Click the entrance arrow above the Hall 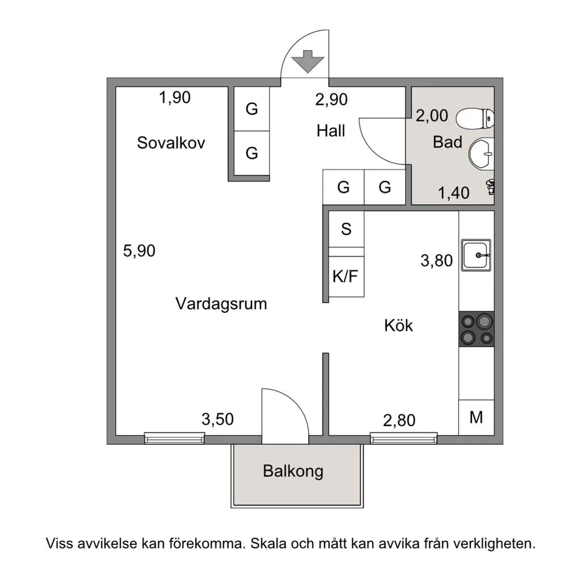point(308,61)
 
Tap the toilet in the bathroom point(475,119)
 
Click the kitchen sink point(476,255)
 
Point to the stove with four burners point(477,329)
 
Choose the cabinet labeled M point(477,417)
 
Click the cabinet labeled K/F point(346,276)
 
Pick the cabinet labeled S point(346,229)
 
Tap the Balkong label point(293,471)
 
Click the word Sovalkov point(171,142)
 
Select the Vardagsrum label point(221,304)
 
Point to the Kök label point(398,325)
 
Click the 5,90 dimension point(139,251)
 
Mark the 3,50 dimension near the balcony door point(217,419)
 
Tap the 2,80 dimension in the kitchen point(399,420)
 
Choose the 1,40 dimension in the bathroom point(453,193)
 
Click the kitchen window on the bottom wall point(403,439)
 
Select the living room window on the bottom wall point(174,439)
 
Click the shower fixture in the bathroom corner point(491,186)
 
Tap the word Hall point(331,131)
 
